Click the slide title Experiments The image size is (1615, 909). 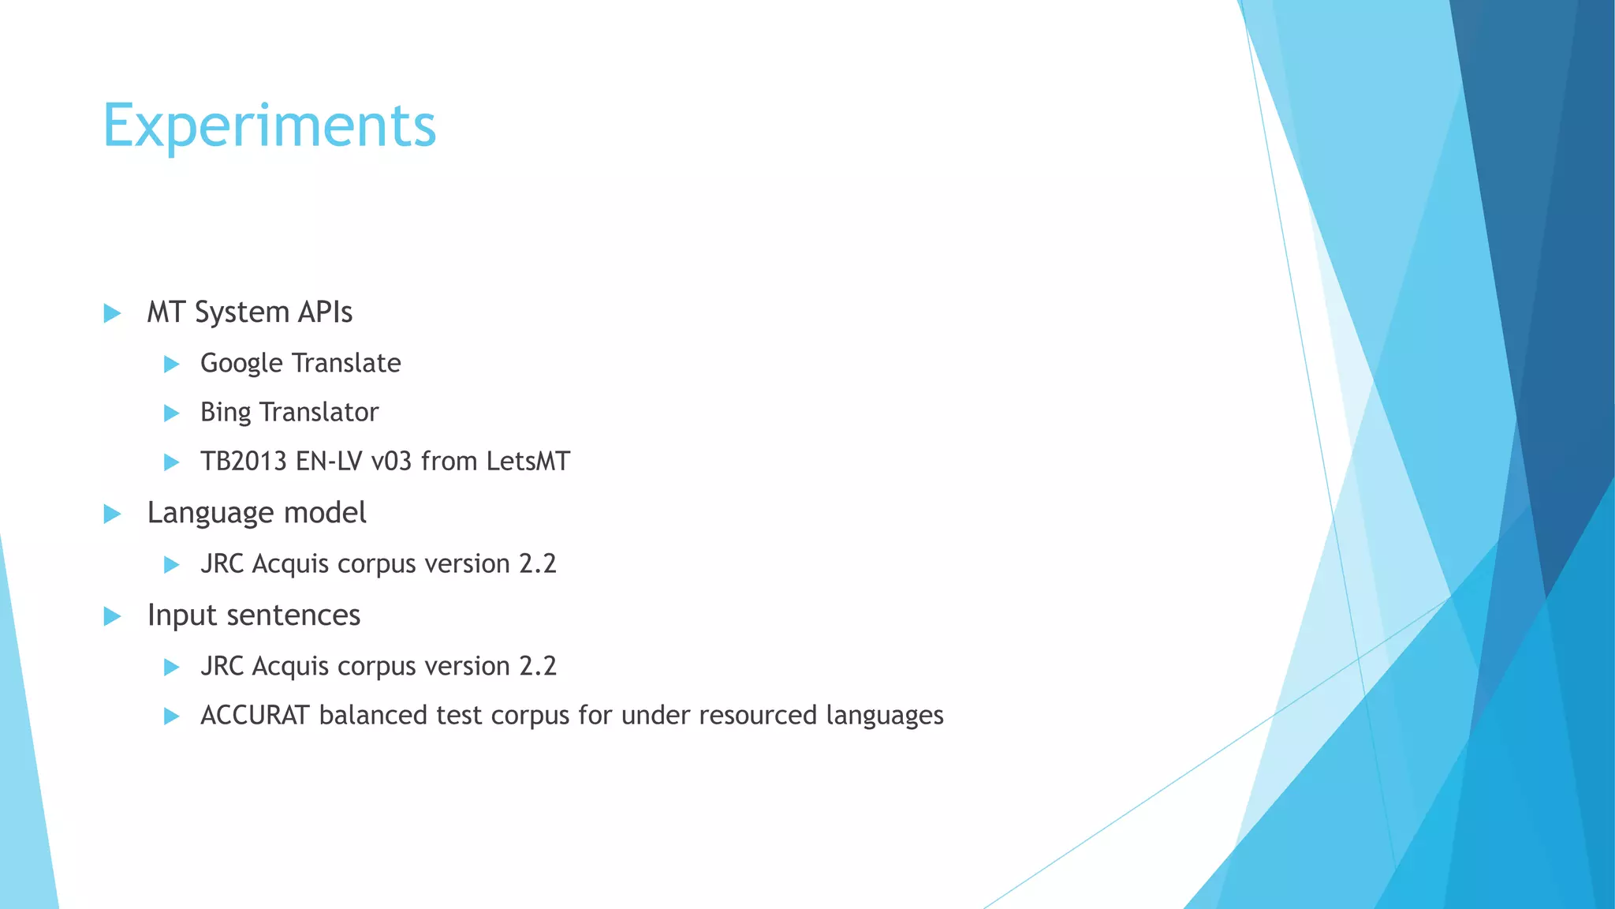[269, 126]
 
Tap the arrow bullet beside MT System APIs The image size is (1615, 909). [112, 313]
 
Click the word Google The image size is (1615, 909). [241, 364]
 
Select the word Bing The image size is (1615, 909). [226, 413]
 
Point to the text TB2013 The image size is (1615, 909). [244, 462]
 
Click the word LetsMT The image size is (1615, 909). [528, 462]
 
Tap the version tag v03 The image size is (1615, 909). [391, 462]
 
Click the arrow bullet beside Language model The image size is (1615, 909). [112, 514]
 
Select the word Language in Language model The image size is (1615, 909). [211, 514]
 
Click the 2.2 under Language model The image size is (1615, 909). [538, 564]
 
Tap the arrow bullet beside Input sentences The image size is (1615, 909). [112, 616]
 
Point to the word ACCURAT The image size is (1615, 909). [255, 716]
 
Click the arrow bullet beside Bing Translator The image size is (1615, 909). [171, 413]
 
